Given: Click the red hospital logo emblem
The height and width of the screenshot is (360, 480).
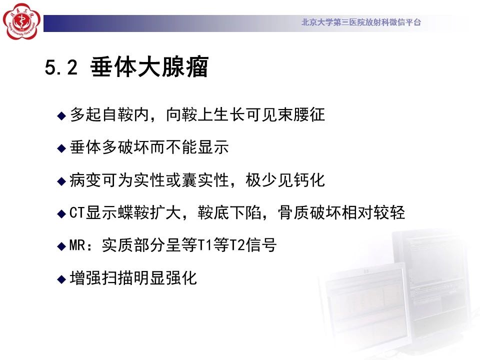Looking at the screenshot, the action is [x=21, y=21].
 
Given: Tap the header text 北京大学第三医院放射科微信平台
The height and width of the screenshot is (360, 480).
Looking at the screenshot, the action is [x=361, y=22].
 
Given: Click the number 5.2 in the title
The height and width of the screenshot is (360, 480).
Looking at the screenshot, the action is [x=61, y=67].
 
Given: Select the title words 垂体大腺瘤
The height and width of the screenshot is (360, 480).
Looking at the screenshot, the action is [x=149, y=66].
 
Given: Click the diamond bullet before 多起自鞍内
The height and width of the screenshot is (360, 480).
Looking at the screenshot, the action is [x=61, y=115].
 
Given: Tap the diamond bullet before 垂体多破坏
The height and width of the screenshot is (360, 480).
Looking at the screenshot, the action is [x=61, y=148].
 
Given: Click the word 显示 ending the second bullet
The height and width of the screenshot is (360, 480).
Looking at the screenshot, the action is [x=213, y=147].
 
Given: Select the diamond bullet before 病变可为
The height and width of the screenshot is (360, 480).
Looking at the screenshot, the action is [x=61, y=181].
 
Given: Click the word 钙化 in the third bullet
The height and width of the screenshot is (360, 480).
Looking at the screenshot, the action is [x=309, y=180].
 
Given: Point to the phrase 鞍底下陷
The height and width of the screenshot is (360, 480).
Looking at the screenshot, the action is [x=229, y=213].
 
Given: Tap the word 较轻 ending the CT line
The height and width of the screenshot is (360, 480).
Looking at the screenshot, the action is [x=389, y=213].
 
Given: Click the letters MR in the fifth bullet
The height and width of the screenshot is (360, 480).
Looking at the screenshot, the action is [x=77, y=245].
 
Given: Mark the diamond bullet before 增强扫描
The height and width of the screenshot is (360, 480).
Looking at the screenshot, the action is [x=61, y=279].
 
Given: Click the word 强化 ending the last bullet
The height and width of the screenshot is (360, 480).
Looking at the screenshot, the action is [x=181, y=278].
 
